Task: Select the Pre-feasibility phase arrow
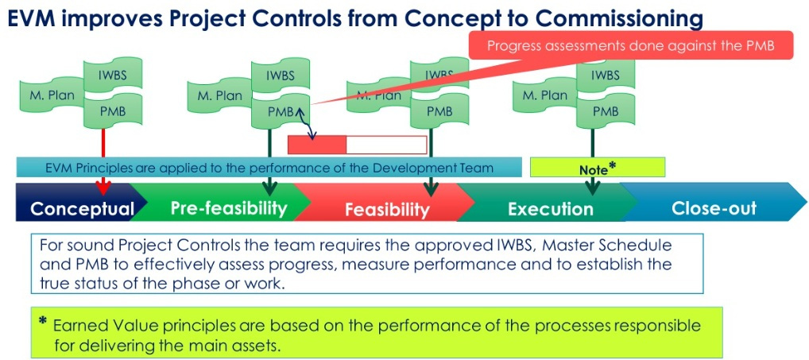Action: [227, 208]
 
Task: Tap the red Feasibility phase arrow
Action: [386, 209]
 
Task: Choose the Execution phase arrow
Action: [550, 209]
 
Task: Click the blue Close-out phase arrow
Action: [714, 208]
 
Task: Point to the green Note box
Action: [597, 168]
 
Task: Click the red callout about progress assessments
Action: [632, 46]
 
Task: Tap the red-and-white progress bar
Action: [357, 145]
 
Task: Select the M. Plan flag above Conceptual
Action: [47, 95]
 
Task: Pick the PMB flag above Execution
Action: [605, 112]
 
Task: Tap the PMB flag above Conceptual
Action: [113, 112]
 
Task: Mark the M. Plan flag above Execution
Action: [545, 95]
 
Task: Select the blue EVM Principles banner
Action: [269, 168]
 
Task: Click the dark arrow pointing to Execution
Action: [592, 185]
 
